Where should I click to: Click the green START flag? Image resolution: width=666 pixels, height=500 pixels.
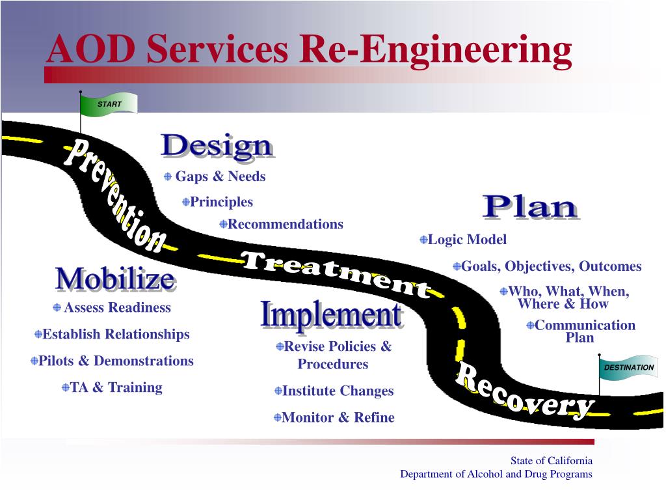tap(109, 104)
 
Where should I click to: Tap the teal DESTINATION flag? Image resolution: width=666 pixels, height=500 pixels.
tap(628, 368)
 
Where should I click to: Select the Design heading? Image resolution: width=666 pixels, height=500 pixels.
tap(217, 146)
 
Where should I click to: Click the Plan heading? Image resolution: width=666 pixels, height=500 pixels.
tap(530, 207)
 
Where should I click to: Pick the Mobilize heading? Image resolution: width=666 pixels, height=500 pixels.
tap(115, 279)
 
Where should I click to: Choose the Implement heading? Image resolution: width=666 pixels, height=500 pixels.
tap(331, 315)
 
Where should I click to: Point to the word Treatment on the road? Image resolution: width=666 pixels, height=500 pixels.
tap(335, 273)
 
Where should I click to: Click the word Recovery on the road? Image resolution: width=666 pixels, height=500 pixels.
tap(524, 391)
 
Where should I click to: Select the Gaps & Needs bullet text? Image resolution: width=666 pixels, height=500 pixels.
tap(220, 176)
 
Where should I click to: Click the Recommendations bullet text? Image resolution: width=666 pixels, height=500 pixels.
tap(285, 224)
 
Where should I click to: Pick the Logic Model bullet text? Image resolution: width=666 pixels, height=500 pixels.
tap(467, 240)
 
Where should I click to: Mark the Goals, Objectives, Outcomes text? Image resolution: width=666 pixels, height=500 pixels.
tap(551, 266)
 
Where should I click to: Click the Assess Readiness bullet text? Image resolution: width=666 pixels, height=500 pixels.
tap(117, 307)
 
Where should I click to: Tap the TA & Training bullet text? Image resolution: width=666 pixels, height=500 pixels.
tap(116, 387)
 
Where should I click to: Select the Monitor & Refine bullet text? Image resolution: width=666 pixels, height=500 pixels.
tap(338, 417)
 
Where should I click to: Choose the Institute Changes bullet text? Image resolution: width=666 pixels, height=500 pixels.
tap(338, 391)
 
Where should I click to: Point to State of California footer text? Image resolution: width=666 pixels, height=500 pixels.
tap(551, 461)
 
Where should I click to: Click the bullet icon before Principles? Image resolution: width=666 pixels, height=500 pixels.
tap(186, 202)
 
